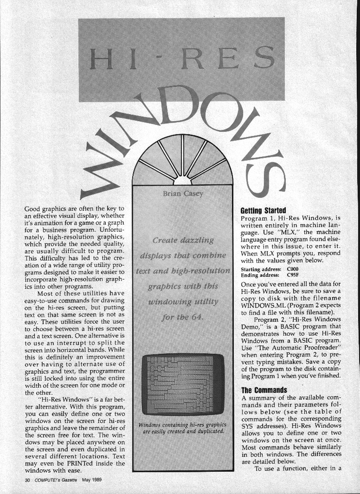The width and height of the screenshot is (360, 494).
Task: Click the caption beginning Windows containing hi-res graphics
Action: [x=182, y=428]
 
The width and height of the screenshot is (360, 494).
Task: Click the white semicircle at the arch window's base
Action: [x=183, y=181]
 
